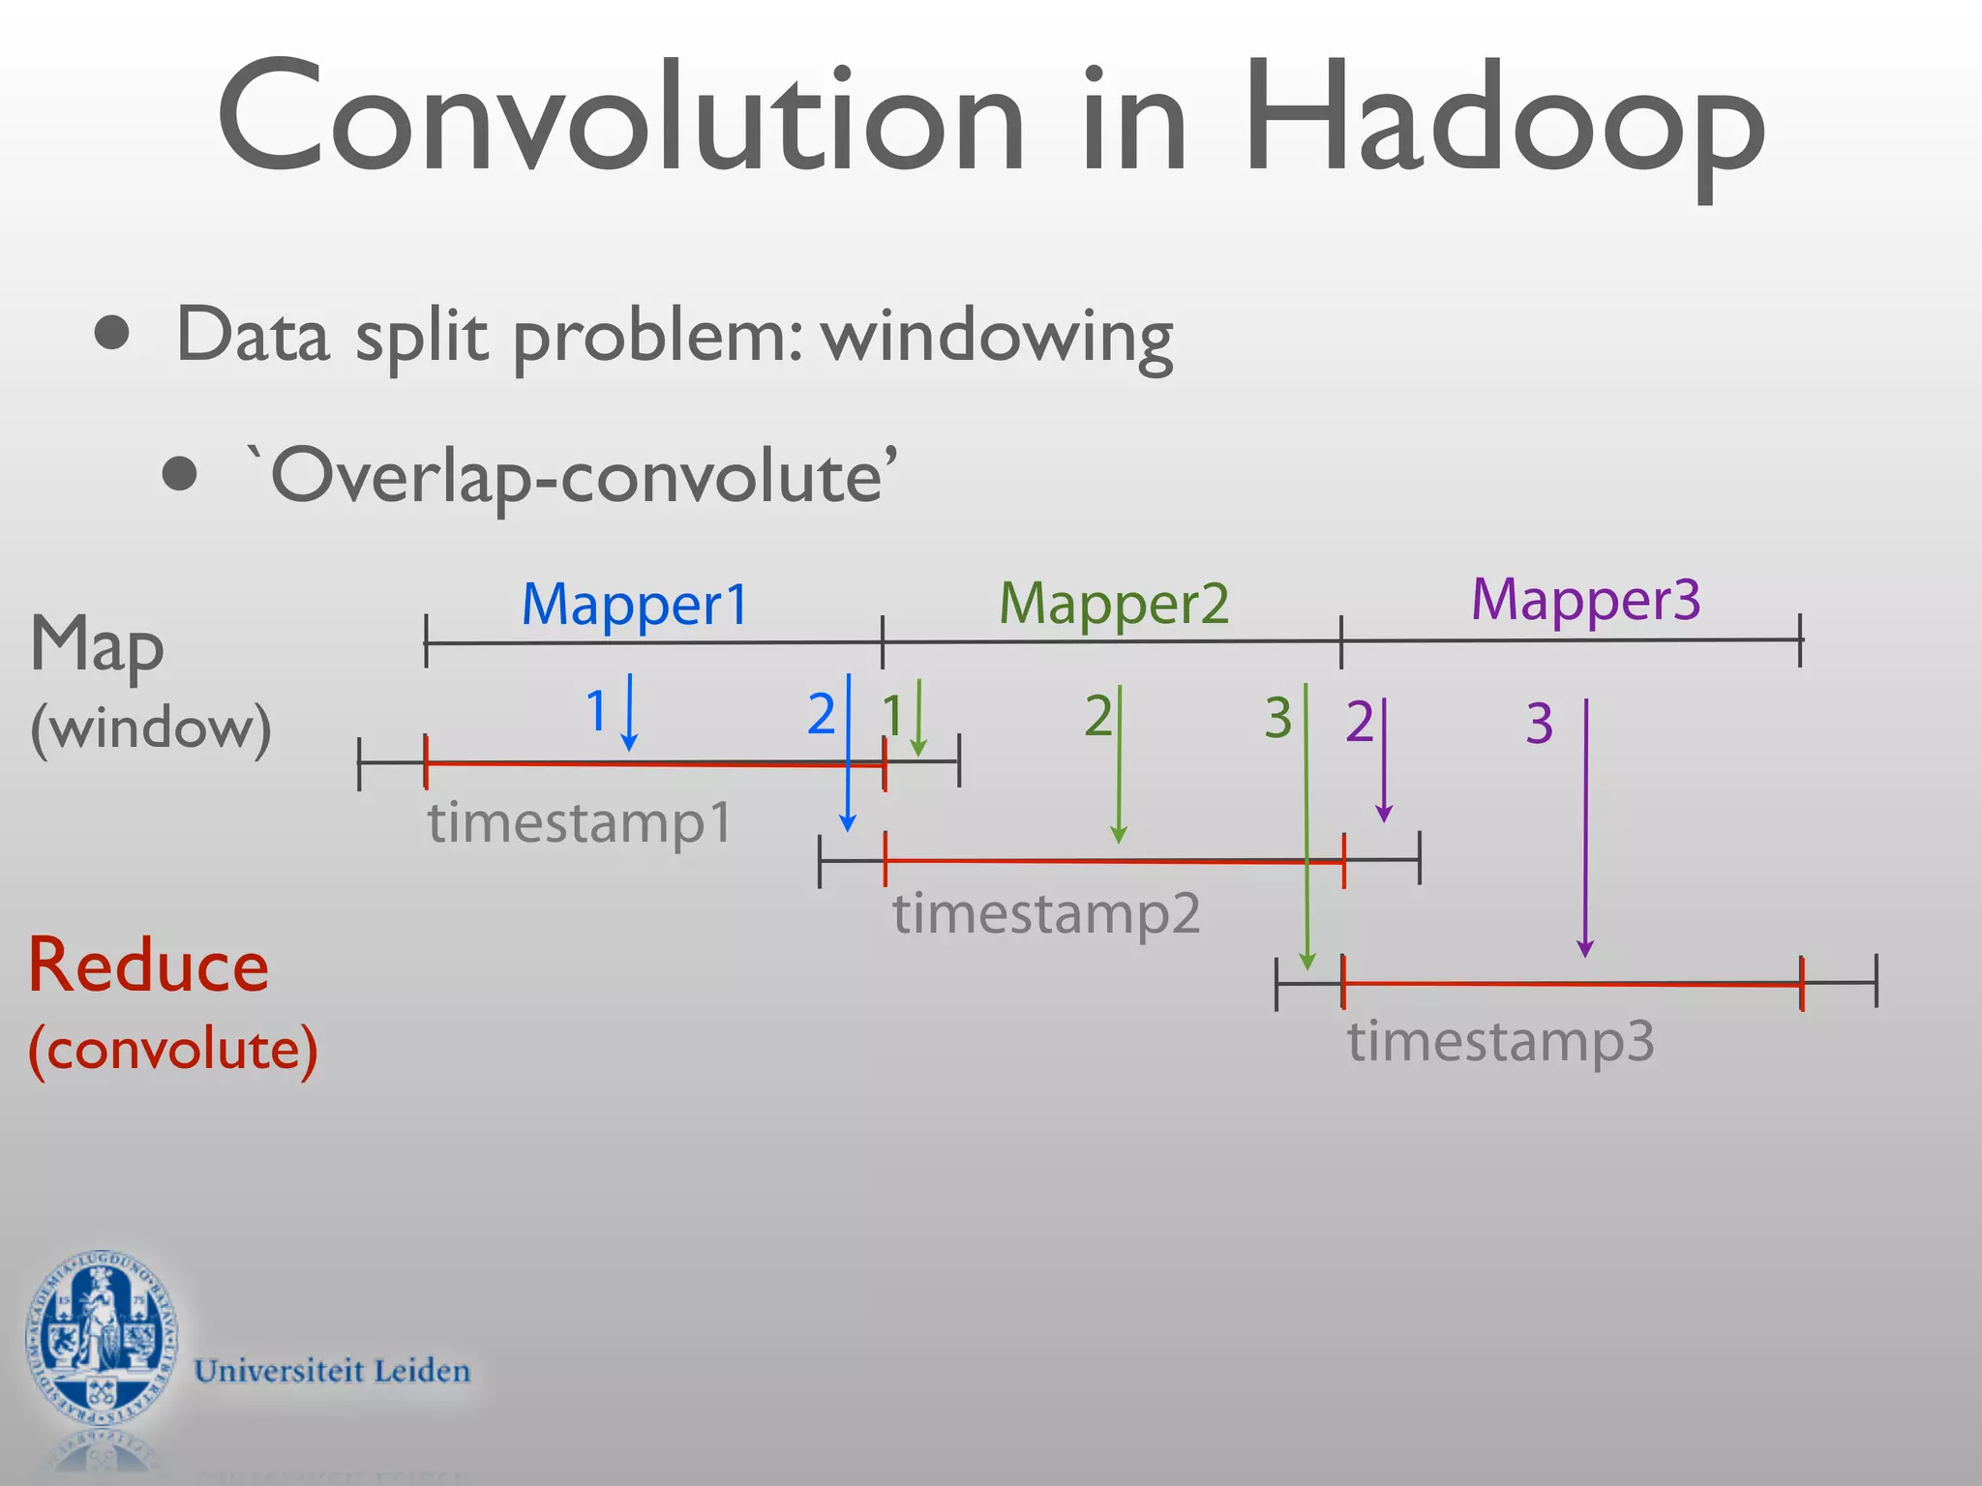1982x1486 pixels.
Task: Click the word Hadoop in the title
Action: pos(1505,121)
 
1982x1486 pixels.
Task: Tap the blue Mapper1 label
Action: pos(635,605)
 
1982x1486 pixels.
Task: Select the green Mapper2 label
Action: pos(1113,605)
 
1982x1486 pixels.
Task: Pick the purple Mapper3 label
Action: pos(1585,601)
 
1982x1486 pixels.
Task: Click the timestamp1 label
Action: pos(580,823)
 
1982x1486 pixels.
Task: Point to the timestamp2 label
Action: pos(1046,913)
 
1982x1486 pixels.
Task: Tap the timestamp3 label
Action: pos(1501,1042)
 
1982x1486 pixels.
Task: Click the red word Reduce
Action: pos(148,966)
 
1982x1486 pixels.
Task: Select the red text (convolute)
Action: pos(172,1049)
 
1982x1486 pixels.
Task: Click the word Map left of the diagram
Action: pos(97,646)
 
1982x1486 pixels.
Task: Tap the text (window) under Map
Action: pos(150,728)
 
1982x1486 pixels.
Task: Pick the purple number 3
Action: pos(1539,724)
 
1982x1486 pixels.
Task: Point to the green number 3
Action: pos(1277,718)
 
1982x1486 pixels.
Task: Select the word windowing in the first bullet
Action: pos(997,337)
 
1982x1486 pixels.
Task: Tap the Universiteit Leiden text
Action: pos(332,1371)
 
